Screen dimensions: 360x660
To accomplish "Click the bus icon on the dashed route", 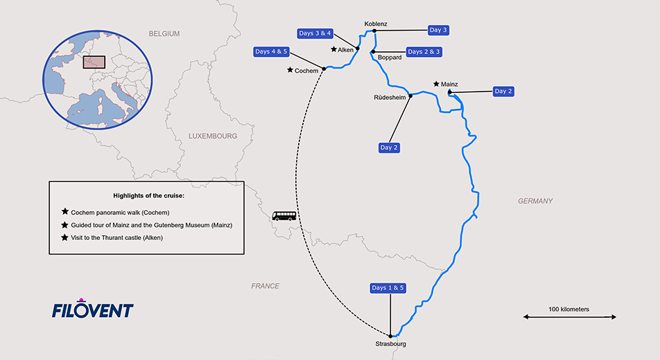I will coord(284,216).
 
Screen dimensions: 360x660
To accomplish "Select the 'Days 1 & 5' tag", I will coord(388,288).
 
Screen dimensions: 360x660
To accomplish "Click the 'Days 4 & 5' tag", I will coord(272,51).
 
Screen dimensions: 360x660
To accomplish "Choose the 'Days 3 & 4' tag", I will coord(315,33).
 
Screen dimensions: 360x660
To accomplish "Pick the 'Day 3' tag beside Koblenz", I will coord(438,30).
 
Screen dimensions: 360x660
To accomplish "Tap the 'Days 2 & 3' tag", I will coord(424,51).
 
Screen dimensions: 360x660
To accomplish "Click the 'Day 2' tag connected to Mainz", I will coord(504,91).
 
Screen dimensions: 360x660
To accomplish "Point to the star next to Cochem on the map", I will coord(290,70).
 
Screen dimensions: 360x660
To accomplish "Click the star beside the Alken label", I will coord(333,49).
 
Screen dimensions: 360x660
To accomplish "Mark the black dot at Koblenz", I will coord(374,31).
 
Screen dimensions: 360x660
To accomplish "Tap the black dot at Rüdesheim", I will coord(410,96).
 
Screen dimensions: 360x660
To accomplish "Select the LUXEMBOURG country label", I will coord(213,136).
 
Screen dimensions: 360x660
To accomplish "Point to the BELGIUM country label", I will coord(164,33).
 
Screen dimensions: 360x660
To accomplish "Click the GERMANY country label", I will coord(535,201).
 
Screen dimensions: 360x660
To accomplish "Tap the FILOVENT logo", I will coord(92,309).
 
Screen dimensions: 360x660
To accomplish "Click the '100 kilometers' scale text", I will coord(568,309).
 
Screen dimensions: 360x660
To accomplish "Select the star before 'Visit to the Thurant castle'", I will coord(65,237).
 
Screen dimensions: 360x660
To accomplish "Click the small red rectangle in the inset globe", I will coord(94,62).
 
